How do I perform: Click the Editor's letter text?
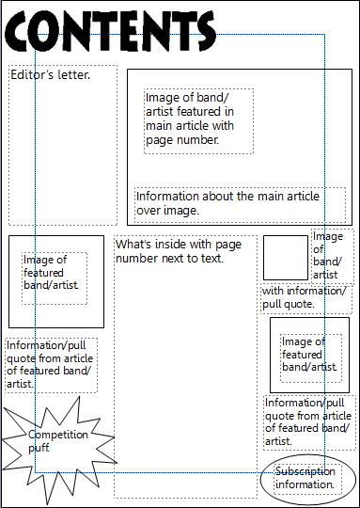[51, 73]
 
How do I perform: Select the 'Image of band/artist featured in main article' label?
[198, 119]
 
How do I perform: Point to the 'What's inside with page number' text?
[178, 251]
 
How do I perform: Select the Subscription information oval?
[306, 477]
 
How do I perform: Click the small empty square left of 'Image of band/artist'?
[285, 257]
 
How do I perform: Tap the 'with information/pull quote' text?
[304, 297]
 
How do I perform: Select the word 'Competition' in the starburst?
[57, 435]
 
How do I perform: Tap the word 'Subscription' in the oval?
[306, 470]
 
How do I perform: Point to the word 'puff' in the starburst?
[39, 448]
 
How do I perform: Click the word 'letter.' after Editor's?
[74, 73]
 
